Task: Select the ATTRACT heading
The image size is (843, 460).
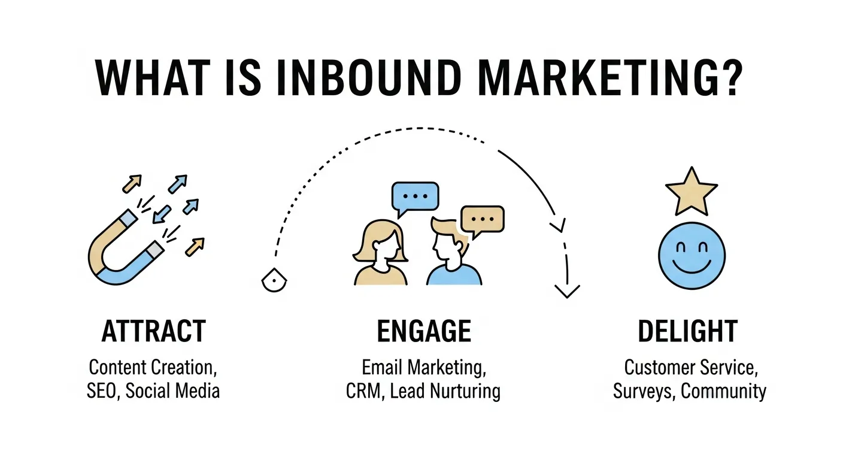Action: click(154, 331)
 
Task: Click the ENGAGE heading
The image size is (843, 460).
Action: click(423, 331)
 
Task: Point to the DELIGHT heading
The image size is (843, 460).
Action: click(688, 331)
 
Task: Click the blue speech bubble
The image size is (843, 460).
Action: click(414, 196)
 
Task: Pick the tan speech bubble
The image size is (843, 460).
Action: click(482, 220)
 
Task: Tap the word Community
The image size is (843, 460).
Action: click(724, 392)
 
